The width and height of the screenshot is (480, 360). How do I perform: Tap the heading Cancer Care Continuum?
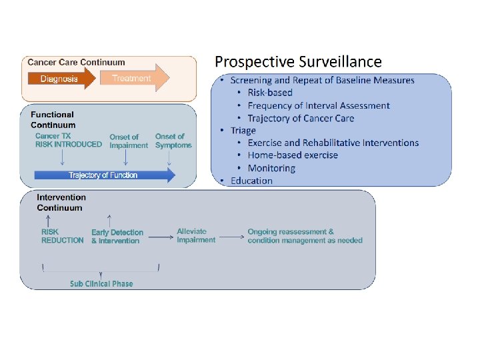pos(76,63)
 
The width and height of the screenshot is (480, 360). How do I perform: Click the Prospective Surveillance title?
pos(298,62)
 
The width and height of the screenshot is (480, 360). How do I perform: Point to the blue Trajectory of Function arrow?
pos(105,175)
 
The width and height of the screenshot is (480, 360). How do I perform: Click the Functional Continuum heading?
pos(53,120)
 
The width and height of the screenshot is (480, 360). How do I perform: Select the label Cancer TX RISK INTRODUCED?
pos(69,141)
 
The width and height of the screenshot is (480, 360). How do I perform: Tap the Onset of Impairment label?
pos(129,141)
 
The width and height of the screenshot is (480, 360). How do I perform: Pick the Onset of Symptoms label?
pos(173,141)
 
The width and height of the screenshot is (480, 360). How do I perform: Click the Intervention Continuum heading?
pos(61,203)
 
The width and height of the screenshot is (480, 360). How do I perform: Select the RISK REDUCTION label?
pos(63,237)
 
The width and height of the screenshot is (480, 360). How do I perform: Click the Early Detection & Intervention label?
pos(117,237)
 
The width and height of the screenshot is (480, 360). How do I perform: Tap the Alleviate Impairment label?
pos(196,236)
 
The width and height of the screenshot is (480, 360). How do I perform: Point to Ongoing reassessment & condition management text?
pos(305,236)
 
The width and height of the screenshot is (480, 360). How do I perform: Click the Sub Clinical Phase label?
pos(101,284)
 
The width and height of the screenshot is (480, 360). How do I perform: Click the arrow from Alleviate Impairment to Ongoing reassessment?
pos(231,236)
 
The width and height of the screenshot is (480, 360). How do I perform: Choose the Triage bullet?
pos(243,130)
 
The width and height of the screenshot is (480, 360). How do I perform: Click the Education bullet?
pos(251,181)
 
